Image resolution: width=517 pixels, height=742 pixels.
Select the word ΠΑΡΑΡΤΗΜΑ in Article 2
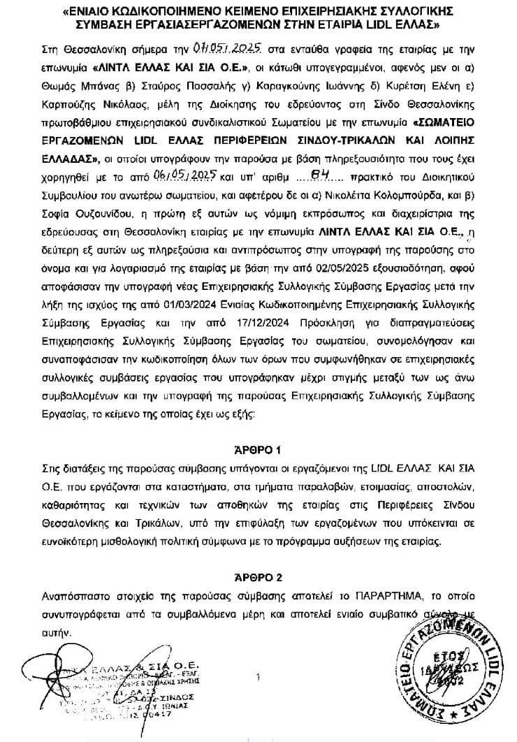(374, 598)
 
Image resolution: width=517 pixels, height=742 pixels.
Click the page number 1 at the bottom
(258, 676)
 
